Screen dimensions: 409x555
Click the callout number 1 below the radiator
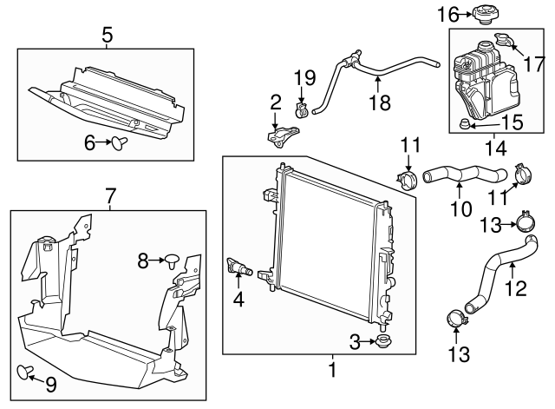(331, 370)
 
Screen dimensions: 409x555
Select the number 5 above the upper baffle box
(108, 36)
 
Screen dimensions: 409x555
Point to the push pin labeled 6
(120, 142)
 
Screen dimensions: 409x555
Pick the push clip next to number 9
(25, 373)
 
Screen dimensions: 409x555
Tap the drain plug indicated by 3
(381, 342)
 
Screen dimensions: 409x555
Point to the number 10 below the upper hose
(460, 209)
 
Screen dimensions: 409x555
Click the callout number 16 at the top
(447, 15)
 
